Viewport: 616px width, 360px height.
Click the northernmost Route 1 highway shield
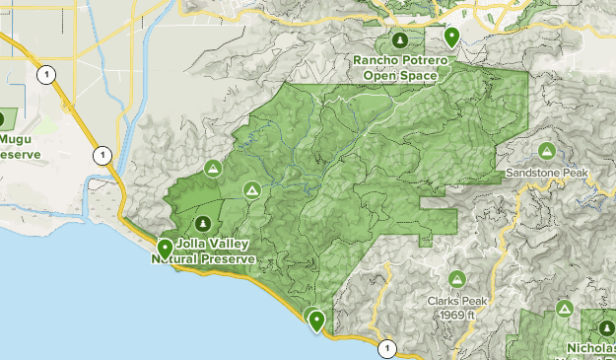pos(44,74)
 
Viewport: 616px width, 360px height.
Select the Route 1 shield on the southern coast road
pos(387,347)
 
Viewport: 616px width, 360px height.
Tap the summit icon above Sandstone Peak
pos(546,151)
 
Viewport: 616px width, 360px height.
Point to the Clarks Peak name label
pos(456,302)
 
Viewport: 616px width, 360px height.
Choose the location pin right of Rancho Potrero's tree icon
pos(451,37)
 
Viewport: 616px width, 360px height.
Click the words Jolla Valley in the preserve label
pos(215,244)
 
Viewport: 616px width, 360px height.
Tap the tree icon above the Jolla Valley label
pos(203,222)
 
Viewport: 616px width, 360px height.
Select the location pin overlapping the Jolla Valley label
pos(165,249)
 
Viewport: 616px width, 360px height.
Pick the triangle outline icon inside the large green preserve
pos(252,189)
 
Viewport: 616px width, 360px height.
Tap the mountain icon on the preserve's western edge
pos(211,170)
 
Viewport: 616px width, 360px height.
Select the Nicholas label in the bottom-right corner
pos(591,348)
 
